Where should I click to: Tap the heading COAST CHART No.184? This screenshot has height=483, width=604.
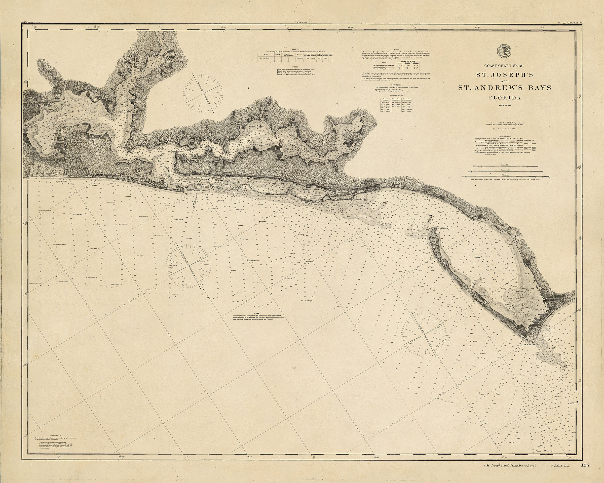505,66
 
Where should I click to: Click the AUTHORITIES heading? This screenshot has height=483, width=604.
505,136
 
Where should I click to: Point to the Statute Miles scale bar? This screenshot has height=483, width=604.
505,167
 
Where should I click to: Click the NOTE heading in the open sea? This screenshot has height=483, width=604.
257,313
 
